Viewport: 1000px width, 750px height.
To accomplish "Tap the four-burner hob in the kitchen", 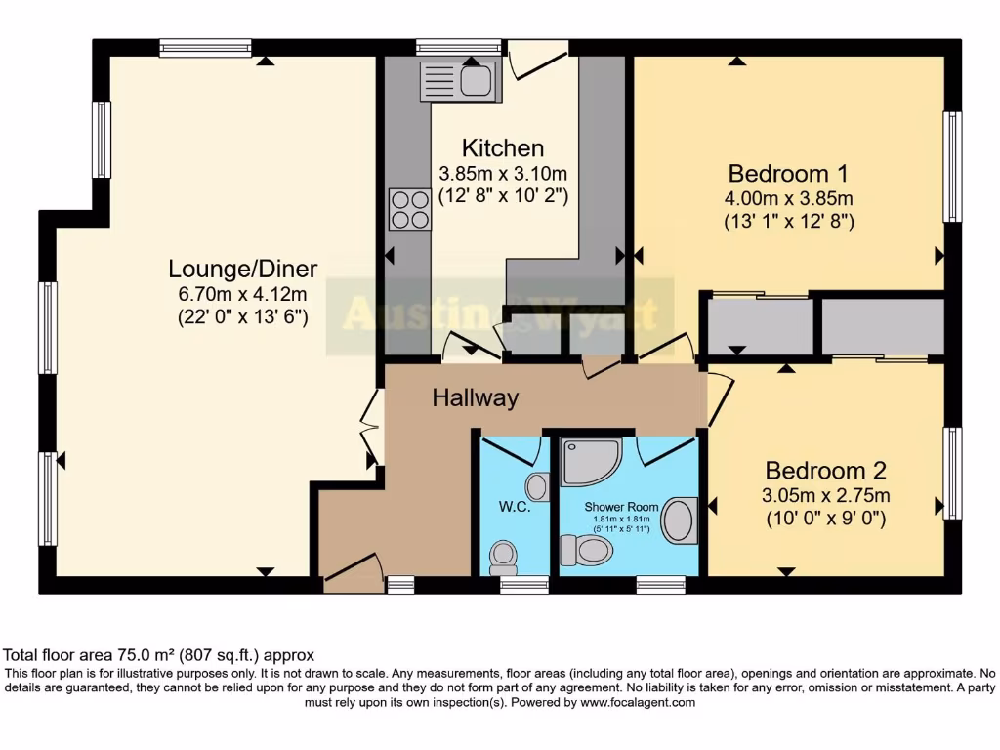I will pyautogui.click(x=409, y=209).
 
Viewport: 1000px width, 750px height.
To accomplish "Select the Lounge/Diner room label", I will pyautogui.click(x=243, y=269).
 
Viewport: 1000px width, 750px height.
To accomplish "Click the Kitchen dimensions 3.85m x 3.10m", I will pyautogui.click(x=503, y=174).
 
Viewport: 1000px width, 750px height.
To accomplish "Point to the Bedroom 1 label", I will pyautogui.click(x=788, y=174).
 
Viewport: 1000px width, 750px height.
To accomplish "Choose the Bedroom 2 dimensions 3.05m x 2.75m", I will pyautogui.click(x=825, y=496).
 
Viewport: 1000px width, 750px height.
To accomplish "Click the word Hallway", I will pyautogui.click(x=476, y=398).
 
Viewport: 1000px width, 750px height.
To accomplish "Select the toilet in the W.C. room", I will pyautogui.click(x=504, y=558).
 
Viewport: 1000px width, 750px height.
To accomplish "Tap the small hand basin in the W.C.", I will pyautogui.click(x=537, y=485).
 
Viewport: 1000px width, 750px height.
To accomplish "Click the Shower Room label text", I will pyautogui.click(x=617, y=507).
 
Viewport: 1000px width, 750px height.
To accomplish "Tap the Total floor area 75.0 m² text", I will pyautogui.click(x=159, y=655).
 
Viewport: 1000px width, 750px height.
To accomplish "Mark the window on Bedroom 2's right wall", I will pyautogui.click(x=953, y=473).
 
